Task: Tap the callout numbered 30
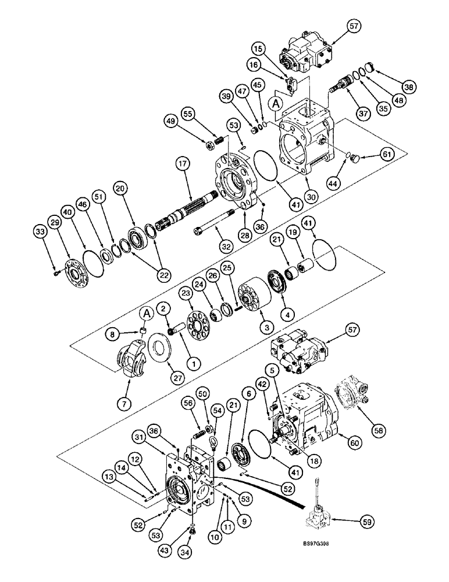(x=313, y=197)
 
